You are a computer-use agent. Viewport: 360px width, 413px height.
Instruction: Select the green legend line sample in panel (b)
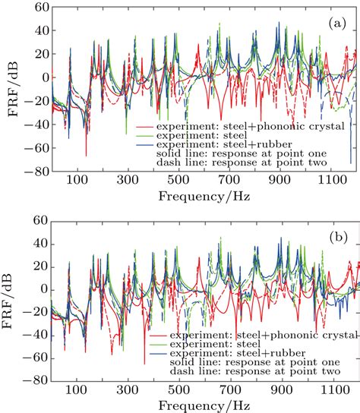tap(159, 344)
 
